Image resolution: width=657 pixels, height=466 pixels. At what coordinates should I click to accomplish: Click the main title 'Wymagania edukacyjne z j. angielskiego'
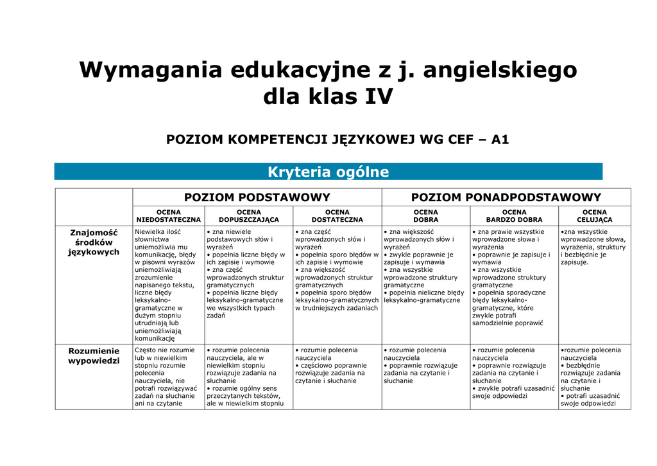328,69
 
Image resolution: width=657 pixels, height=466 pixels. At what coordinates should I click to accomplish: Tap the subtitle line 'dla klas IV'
328,97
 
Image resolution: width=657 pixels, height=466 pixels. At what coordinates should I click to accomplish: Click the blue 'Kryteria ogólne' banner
328,172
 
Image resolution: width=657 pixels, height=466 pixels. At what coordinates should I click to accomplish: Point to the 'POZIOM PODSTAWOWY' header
257,197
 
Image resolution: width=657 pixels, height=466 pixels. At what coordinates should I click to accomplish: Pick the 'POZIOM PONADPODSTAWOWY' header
506,197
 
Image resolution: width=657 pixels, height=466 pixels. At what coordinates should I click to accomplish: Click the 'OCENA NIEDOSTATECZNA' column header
168,216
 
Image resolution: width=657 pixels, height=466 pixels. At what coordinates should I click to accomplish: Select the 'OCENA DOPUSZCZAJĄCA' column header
248,216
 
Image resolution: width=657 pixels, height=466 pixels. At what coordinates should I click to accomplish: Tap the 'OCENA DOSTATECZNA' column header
337,216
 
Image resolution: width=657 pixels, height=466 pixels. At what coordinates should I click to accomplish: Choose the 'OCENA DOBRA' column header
425,216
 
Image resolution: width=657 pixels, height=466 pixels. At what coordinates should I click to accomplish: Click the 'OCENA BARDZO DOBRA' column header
514,216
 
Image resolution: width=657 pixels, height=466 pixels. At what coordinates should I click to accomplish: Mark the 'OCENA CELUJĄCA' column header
594,216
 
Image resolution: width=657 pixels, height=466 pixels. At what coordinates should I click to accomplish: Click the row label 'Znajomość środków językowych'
94,242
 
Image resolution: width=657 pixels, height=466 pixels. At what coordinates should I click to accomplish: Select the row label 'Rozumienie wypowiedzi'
94,355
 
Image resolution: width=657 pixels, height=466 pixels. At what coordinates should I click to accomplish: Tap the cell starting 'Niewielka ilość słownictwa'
168,284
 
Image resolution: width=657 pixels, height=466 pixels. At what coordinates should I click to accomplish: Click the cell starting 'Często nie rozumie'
168,377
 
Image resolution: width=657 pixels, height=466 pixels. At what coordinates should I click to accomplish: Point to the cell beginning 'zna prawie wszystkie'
514,277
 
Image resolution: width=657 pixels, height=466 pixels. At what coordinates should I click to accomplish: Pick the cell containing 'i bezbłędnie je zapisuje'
594,247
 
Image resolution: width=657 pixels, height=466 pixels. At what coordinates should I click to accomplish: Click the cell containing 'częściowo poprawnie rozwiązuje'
337,365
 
